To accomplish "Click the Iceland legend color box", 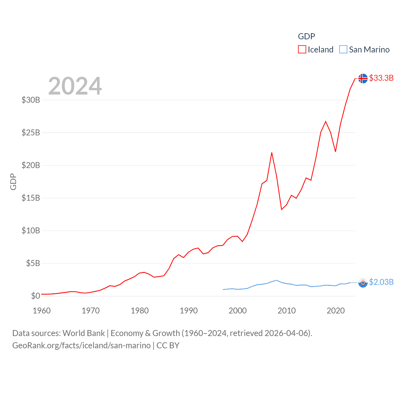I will click(x=302, y=50).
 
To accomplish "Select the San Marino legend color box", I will click(x=343, y=50).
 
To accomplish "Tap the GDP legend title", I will click(x=306, y=36).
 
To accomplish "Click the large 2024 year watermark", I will click(x=75, y=86).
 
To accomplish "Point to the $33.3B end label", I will click(x=381, y=78).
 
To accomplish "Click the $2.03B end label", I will click(x=381, y=282).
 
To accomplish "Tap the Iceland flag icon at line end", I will click(x=363, y=78).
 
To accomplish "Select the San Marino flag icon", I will click(x=363, y=283).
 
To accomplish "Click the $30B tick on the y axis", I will click(x=31, y=100).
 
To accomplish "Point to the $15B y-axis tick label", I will click(x=31, y=198).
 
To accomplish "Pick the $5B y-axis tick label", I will click(x=33, y=263).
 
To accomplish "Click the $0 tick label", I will click(x=35, y=296).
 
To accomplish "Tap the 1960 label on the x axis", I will click(x=42, y=311).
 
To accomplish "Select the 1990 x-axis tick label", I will click(x=189, y=311).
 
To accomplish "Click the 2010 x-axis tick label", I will click(x=287, y=311).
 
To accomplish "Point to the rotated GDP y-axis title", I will click(x=13, y=182).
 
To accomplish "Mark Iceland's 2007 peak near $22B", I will click(x=272, y=153).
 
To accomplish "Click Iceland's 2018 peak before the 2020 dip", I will click(x=326, y=121).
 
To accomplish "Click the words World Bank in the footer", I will click(x=84, y=333).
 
